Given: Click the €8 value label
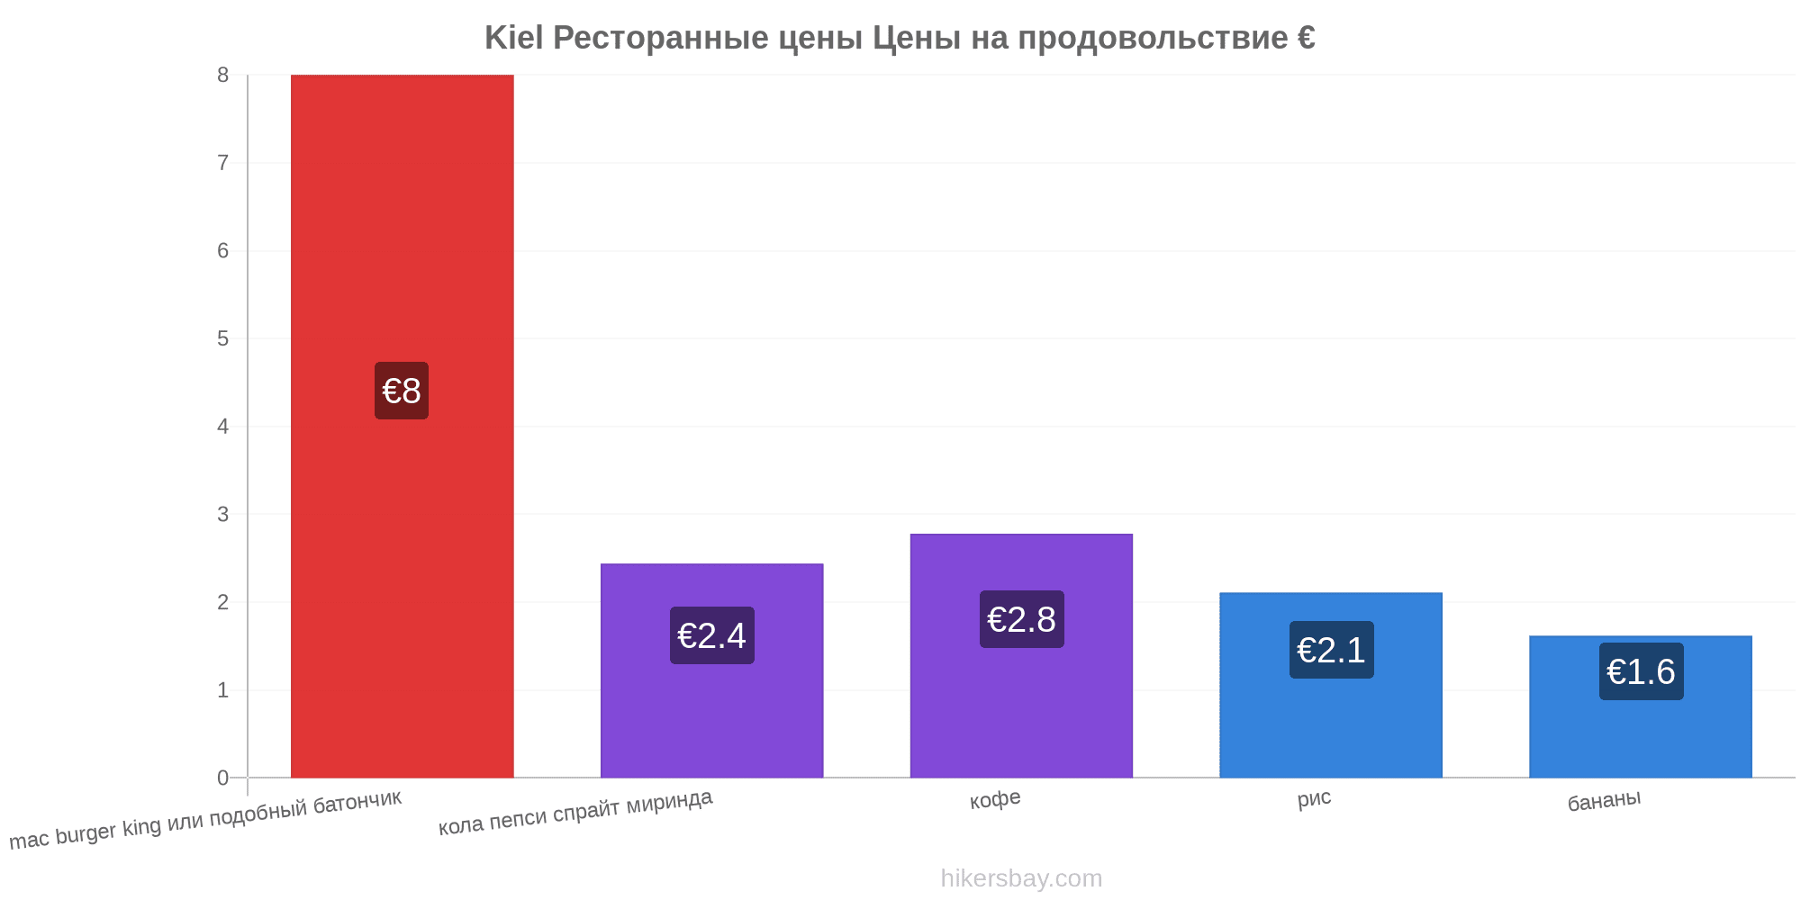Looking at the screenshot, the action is [x=402, y=391].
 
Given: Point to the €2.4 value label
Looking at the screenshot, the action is [x=712, y=635].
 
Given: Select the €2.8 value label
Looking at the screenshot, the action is [x=1022, y=619].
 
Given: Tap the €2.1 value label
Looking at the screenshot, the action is [x=1332, y=650].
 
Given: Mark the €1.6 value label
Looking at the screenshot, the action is [x=1642, y=671].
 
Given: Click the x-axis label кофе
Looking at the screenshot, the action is [x=995, y=799].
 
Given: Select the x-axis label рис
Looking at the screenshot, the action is [x=1314, y=798].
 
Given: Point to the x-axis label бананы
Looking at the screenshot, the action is [x=1604, y=800].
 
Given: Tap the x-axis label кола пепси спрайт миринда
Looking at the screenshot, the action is [x=575, y=812].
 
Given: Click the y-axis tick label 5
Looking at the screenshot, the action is [x=222, y=338].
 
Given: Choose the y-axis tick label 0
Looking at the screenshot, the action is [x=222, y=778].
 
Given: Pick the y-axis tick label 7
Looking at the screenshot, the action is [x=222, y=163].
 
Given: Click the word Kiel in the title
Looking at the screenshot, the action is [x=514, y=38].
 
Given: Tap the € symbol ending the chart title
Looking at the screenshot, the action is [x=1307, y=38].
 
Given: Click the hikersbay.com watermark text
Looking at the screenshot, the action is [x=1021, y=878].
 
